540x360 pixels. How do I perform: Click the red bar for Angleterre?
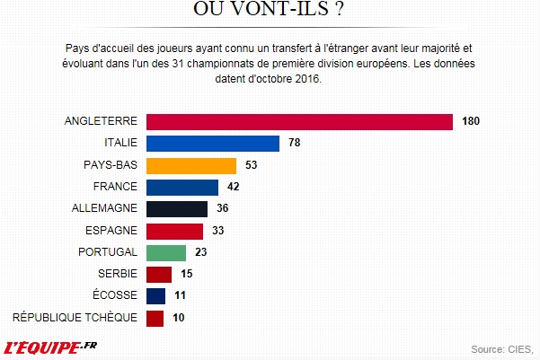tap(298, 122)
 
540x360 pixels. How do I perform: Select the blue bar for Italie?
tap(213, 144)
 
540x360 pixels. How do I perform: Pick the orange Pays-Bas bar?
tap(190, 165)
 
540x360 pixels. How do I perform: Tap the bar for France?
tap(181, 187)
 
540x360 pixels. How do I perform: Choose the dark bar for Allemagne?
tap(176, 208)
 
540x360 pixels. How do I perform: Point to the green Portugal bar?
tap(165, 252)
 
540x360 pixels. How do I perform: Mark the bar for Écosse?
tap(155, 295)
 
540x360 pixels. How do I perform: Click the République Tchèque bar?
tap(154, 317)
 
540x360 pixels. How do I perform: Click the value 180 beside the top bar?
tap(472, 122)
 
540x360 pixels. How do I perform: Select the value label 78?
tap(295, 144)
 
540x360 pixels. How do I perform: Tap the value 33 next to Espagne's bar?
tap(217, 231)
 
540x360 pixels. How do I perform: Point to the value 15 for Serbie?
tap(186, 274)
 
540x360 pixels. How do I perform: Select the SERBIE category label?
tap(117, 274)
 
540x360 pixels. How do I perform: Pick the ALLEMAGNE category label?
tap(103, 208)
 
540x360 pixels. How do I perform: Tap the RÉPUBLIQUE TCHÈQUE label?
tap(75, 317)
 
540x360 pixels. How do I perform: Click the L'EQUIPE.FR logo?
tap(51, 346)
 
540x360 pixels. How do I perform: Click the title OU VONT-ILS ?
tap(270, 10)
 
